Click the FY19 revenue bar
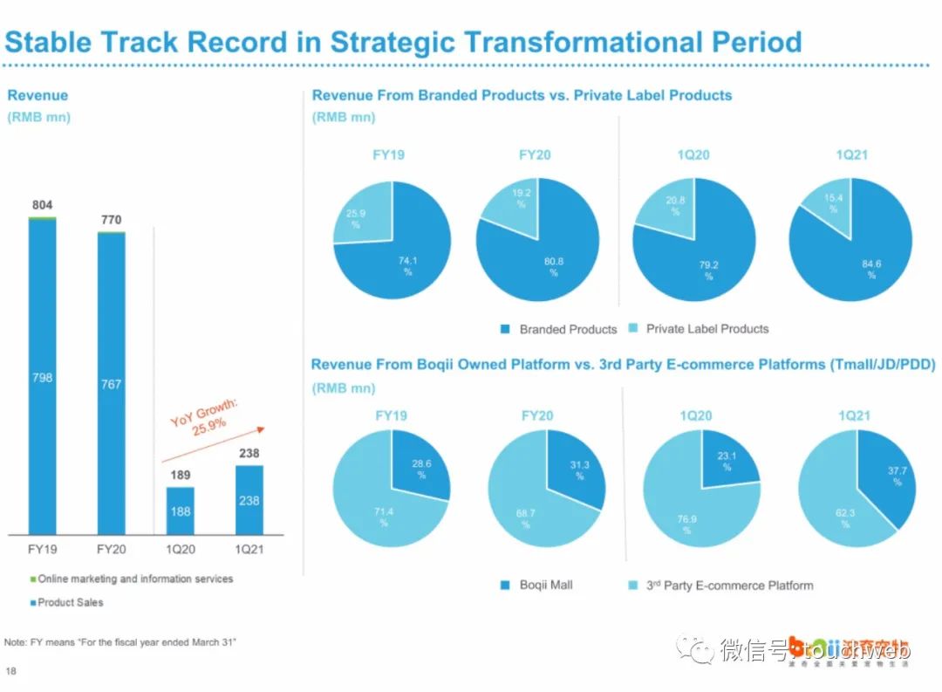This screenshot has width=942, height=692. pos(42,377)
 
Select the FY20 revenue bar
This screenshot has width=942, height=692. pos(111,384)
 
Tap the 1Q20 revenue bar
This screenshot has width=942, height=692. pos(181,511)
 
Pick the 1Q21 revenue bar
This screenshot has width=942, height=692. pos(249,500)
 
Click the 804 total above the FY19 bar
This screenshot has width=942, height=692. pos(43,205)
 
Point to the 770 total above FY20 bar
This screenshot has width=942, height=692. pos(111,220)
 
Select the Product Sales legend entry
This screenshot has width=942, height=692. pos(67,603)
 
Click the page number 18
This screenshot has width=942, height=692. pos(10,671)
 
